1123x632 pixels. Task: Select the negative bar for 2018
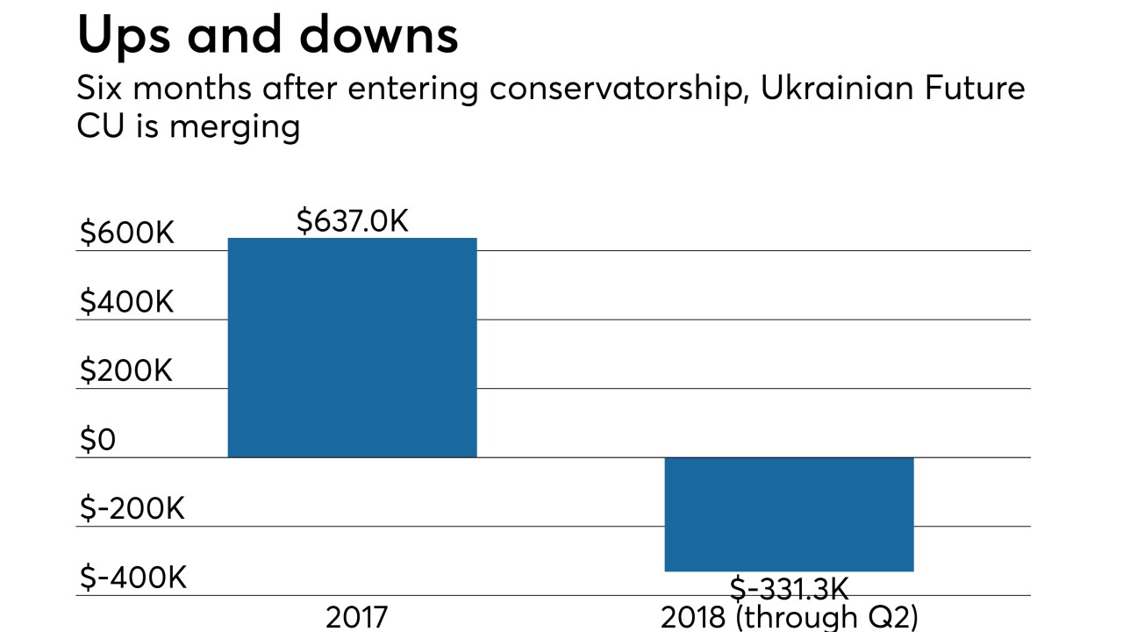789,514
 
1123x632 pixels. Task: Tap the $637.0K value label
352,221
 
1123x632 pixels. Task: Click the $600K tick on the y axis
127,233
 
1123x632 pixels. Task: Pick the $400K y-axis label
127,303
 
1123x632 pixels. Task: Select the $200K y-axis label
127,371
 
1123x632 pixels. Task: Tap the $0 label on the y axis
97,441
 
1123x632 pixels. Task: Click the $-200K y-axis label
132,509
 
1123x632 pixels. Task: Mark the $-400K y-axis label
132,578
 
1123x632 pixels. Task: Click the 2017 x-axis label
356,618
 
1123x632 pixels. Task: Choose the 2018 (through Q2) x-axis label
789,618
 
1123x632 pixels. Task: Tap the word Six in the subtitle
99,89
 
